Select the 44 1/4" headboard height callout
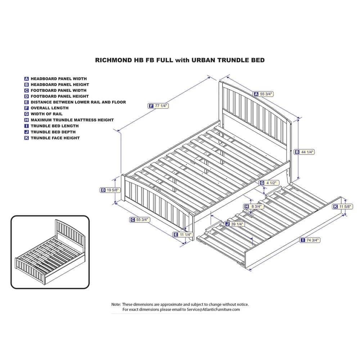(304, 152)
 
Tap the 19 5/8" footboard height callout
(110, 190)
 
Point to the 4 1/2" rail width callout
(269, 183)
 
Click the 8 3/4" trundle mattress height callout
(254, 206)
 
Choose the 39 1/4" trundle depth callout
(235, 224)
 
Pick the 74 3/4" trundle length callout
(310, 240)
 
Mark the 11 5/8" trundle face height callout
(342, 207)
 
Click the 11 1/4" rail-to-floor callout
(183, 235)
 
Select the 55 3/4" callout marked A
(264, 94)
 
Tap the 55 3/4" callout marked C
(140, 220)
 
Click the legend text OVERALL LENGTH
(50, 108)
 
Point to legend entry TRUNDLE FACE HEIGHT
(55, 138)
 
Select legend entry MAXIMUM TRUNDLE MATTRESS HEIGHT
(72, 120)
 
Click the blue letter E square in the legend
(27, 102)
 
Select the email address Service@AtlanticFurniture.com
(213, 310)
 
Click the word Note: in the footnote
(116, 305)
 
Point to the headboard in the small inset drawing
(70, 232)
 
